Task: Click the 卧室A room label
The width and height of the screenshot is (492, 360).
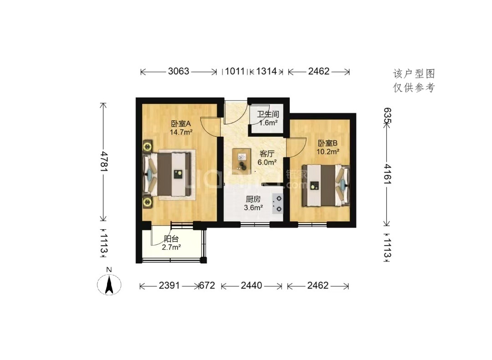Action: (x=181, y=123)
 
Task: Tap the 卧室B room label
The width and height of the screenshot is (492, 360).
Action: (x=328, y=144)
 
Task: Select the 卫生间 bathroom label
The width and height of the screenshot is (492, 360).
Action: (x=268, y=114)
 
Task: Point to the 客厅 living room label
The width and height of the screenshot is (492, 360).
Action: (x=267, y=154)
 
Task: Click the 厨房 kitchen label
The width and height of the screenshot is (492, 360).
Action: (x=253, y=199)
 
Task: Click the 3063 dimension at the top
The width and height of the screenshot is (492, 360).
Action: (x=179, y=71)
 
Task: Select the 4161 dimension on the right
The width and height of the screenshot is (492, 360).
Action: (x=387, y=174)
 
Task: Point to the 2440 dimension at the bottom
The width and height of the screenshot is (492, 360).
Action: (x=251, y=285)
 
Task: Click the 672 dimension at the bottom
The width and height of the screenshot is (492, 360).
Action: (x=207, y=285)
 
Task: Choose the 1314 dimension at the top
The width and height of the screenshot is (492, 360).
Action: (x=266, y=71)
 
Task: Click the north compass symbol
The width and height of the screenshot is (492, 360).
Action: (x=109, y=284)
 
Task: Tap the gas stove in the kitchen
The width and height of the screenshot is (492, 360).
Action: (x=278, y=204)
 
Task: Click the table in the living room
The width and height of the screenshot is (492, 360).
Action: (x=241, y=161)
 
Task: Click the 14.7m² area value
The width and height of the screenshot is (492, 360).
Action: (x=181, y=132)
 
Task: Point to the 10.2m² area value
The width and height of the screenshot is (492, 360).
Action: (x=328, y=152)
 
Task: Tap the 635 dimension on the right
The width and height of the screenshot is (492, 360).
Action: (x=387, y=115)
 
